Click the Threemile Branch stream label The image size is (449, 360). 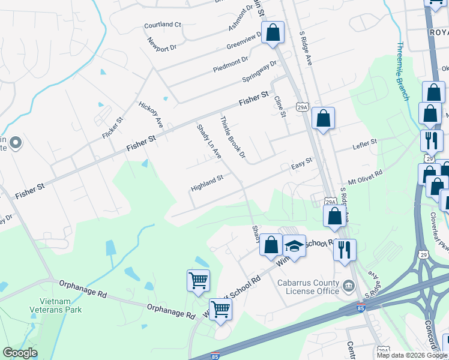coord(403,71)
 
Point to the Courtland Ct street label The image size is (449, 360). coord(162,25)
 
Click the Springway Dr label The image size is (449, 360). coord(259,71)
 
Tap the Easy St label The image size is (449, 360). coord(302,163)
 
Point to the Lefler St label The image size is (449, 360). coord(364,145)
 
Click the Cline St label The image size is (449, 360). coord(280,107)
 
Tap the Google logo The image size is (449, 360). coord(20,353)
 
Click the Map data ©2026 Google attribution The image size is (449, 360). coord(411,355)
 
